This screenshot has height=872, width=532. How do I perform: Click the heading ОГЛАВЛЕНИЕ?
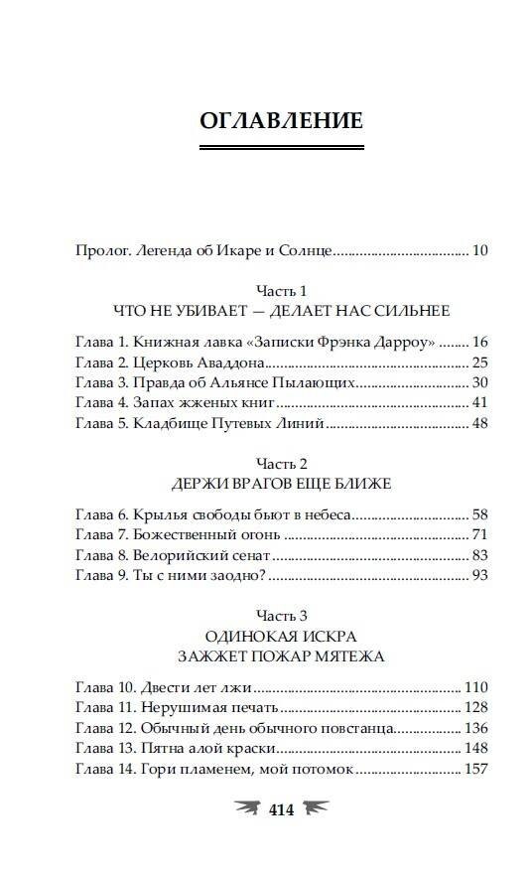282,122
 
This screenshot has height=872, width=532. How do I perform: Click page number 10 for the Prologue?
479,251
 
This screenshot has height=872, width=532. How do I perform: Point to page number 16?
480,341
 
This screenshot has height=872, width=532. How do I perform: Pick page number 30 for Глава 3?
480,382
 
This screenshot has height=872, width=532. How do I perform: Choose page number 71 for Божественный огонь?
480,534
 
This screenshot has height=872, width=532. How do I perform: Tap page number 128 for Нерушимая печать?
476,707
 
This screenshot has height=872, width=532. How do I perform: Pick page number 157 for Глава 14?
476,770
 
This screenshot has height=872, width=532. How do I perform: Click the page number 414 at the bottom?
283,810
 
